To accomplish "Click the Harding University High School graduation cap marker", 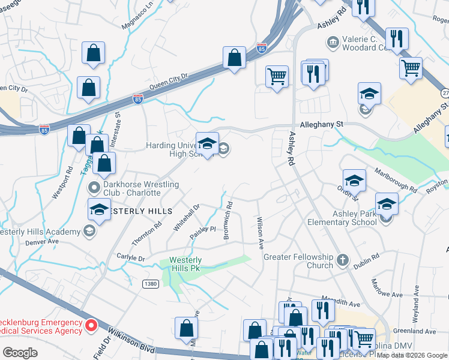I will click(207, 144).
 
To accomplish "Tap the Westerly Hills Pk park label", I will click(185, 264).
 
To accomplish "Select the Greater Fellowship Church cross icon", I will click(343, 260).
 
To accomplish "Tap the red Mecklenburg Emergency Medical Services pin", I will click(91, 326).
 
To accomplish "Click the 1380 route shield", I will click(151, 283).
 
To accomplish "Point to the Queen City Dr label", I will click(169, 81).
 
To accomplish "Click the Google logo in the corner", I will click(20, 353).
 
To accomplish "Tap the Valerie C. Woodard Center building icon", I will click(332, 42).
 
